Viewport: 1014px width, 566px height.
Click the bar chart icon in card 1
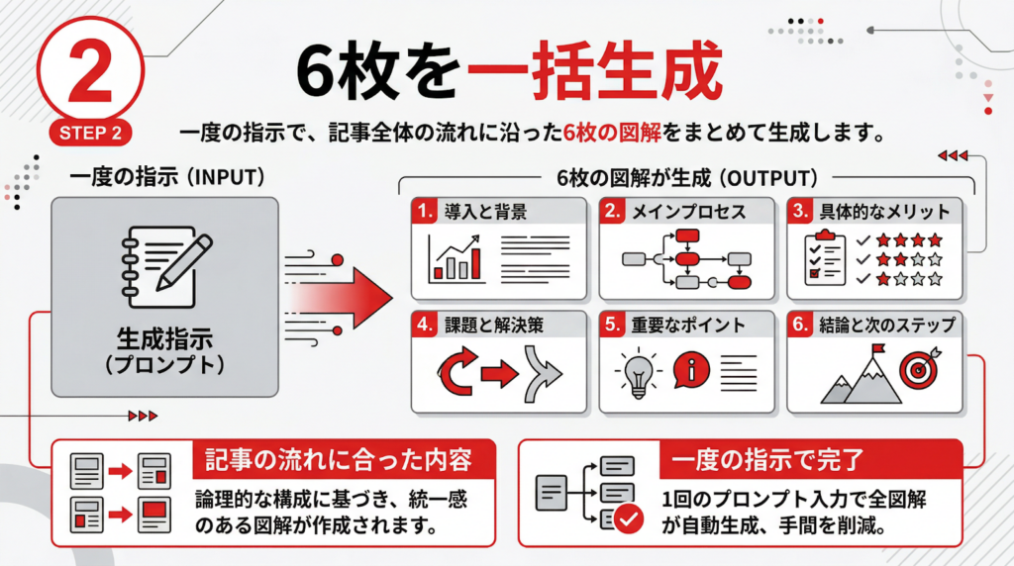456,259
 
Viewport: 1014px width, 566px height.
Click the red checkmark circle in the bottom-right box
628,515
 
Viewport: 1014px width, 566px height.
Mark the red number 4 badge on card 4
424,325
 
